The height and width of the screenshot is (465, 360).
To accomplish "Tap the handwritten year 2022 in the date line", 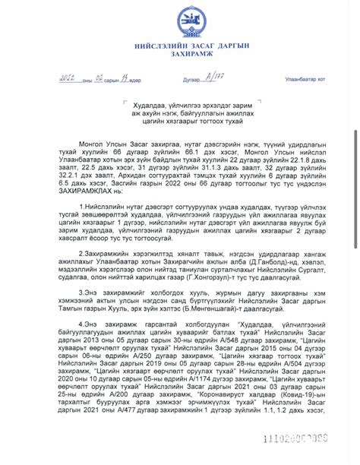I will click(66, 78).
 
